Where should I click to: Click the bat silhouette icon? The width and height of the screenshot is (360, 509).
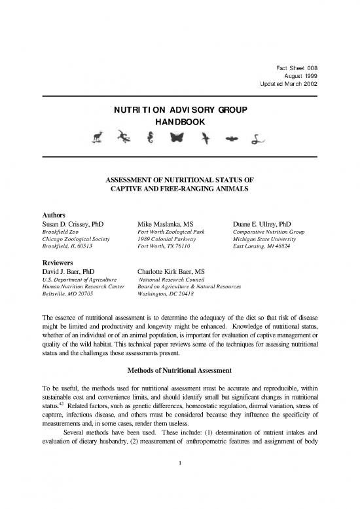232,138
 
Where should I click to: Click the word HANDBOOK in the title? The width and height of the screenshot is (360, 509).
179,123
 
